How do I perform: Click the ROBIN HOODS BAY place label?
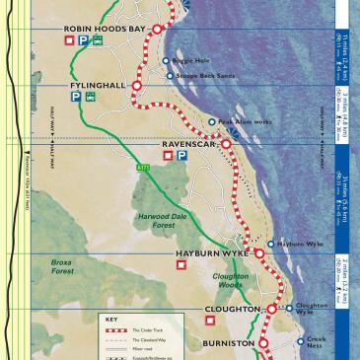coord(105,30)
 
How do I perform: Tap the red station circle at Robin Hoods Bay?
coord(156,31)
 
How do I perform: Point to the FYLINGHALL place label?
coord(98,86)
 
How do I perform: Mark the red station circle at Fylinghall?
coord(138,86)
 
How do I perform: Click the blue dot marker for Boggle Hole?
coord(166,60)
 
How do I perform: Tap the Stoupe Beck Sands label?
coord(203,73)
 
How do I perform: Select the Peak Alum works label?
coord(243,122)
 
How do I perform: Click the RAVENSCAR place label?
coord(188,143)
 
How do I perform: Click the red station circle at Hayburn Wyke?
coord(260,253)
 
